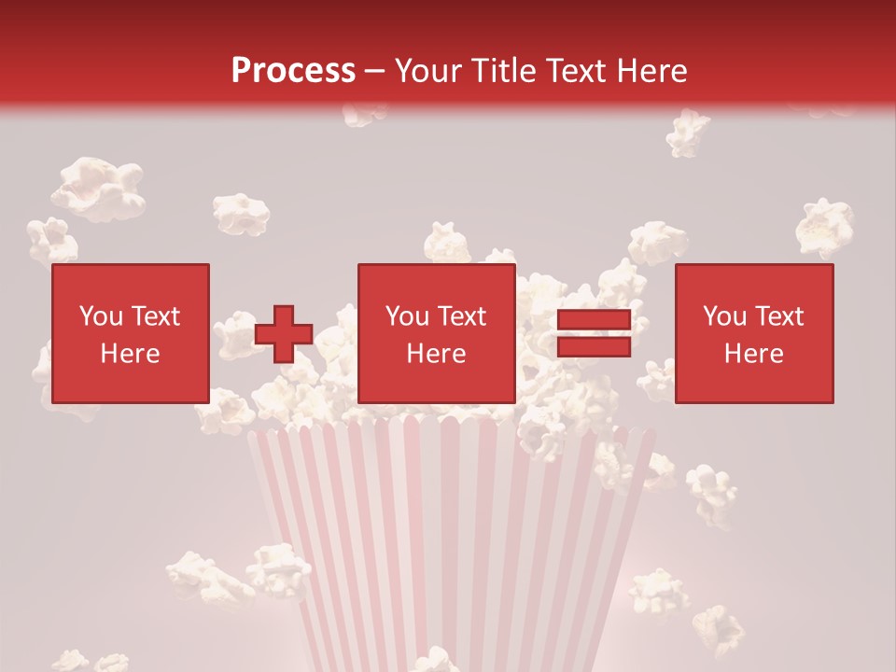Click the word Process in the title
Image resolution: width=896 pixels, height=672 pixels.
[x=293, y=71]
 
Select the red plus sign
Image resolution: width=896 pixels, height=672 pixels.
[x=284, y=334]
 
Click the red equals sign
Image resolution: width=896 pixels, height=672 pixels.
[x=594, y=334]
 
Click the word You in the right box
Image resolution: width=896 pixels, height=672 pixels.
[x=725, y=316]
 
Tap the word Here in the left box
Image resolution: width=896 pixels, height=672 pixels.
[x=131, y=354]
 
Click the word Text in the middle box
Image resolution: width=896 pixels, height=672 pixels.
[x=462, y=316]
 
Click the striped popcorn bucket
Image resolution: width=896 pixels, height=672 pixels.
[x=448, y=541]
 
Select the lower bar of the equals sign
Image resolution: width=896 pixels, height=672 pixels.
[x=594, y=347]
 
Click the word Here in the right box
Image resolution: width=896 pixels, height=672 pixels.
[x=754, y=354]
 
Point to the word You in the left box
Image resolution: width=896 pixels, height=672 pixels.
[x=102, y=316]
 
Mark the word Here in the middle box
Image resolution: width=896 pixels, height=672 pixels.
[x=437, y=354]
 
